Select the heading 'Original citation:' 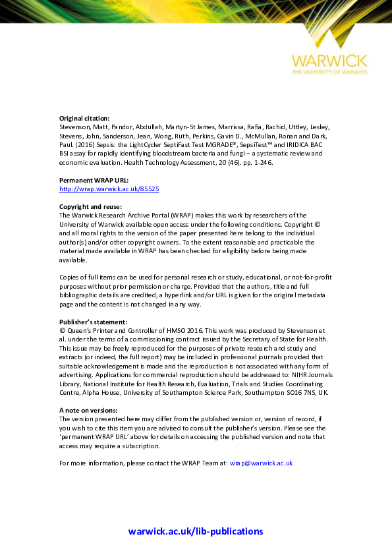tap(84, 118)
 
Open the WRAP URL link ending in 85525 tap(109, 189)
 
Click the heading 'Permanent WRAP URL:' tap(94, 180)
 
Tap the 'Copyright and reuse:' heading tap(90, 206)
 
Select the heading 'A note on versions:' tap(88, 410)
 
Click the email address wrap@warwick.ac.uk tap(261, 463)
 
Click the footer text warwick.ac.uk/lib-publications tap(196, 531)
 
